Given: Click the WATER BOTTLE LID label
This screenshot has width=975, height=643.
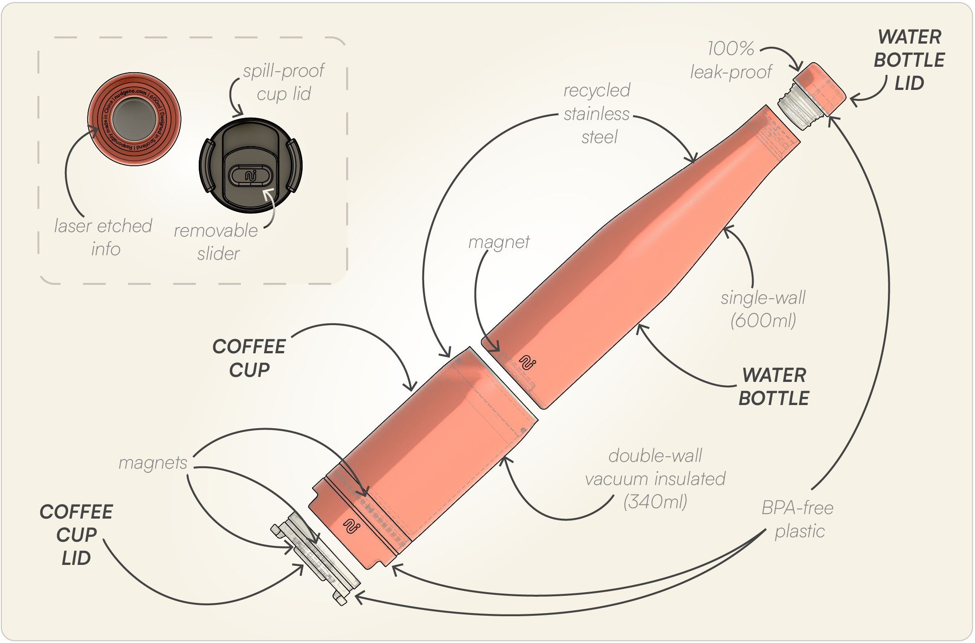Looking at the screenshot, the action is [909, 60].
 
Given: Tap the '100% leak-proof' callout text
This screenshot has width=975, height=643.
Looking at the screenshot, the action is [731, 60].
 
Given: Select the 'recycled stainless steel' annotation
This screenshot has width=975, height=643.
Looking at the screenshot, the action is [597, 114].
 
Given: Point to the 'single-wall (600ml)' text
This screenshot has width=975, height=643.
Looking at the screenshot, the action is [763, 309].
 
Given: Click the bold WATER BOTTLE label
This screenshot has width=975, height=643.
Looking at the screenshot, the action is [774, 387].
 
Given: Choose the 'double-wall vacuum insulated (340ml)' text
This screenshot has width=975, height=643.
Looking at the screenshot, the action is [655, 479].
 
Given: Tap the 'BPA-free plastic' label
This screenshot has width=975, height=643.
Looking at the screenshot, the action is [798, 519].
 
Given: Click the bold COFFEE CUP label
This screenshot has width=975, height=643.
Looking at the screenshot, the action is [249, 358].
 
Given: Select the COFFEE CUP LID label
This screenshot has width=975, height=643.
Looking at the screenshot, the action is [76, 535].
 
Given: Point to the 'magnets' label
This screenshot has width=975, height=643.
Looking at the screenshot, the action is [153, 463].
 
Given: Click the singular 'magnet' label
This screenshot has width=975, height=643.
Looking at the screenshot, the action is [499, 242].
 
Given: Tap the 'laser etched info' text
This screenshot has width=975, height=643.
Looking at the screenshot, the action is [103, 237].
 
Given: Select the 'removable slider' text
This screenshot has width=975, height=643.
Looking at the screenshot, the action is [216, 242].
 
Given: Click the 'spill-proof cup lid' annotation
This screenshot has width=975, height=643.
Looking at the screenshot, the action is [284, 82].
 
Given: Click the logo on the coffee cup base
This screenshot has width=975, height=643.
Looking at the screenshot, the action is [352, 526].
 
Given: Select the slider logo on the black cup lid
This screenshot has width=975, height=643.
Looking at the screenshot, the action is [251, 176].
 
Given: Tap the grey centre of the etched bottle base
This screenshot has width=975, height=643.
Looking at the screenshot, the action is [134, 119].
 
